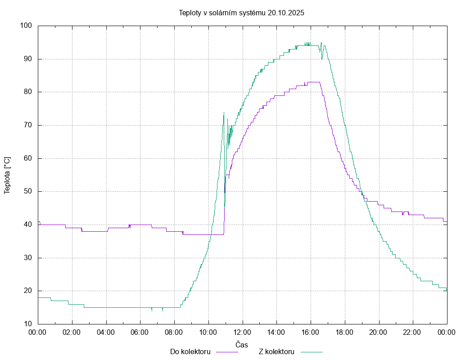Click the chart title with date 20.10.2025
241,13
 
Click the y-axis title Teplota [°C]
7,175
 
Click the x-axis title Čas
242,344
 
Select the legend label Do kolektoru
190,351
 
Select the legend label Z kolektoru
276,351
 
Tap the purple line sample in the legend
227,352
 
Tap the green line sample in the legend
312,352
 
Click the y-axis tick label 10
27,324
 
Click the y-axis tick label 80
27,92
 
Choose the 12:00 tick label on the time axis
242,333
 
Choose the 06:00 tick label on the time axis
140,333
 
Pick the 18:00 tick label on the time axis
344,333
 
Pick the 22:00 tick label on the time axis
413,333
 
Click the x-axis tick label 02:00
72,333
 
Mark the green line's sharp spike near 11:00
224,113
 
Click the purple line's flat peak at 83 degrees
313,82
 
